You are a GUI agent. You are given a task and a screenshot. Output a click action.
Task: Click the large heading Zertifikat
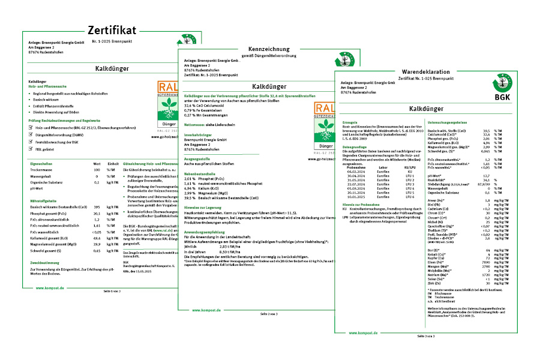click(112, 30)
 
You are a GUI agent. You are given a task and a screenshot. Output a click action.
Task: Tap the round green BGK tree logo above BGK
click(502, 82)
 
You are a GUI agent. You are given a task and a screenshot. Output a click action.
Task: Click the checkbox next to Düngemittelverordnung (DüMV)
click(31, 135)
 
